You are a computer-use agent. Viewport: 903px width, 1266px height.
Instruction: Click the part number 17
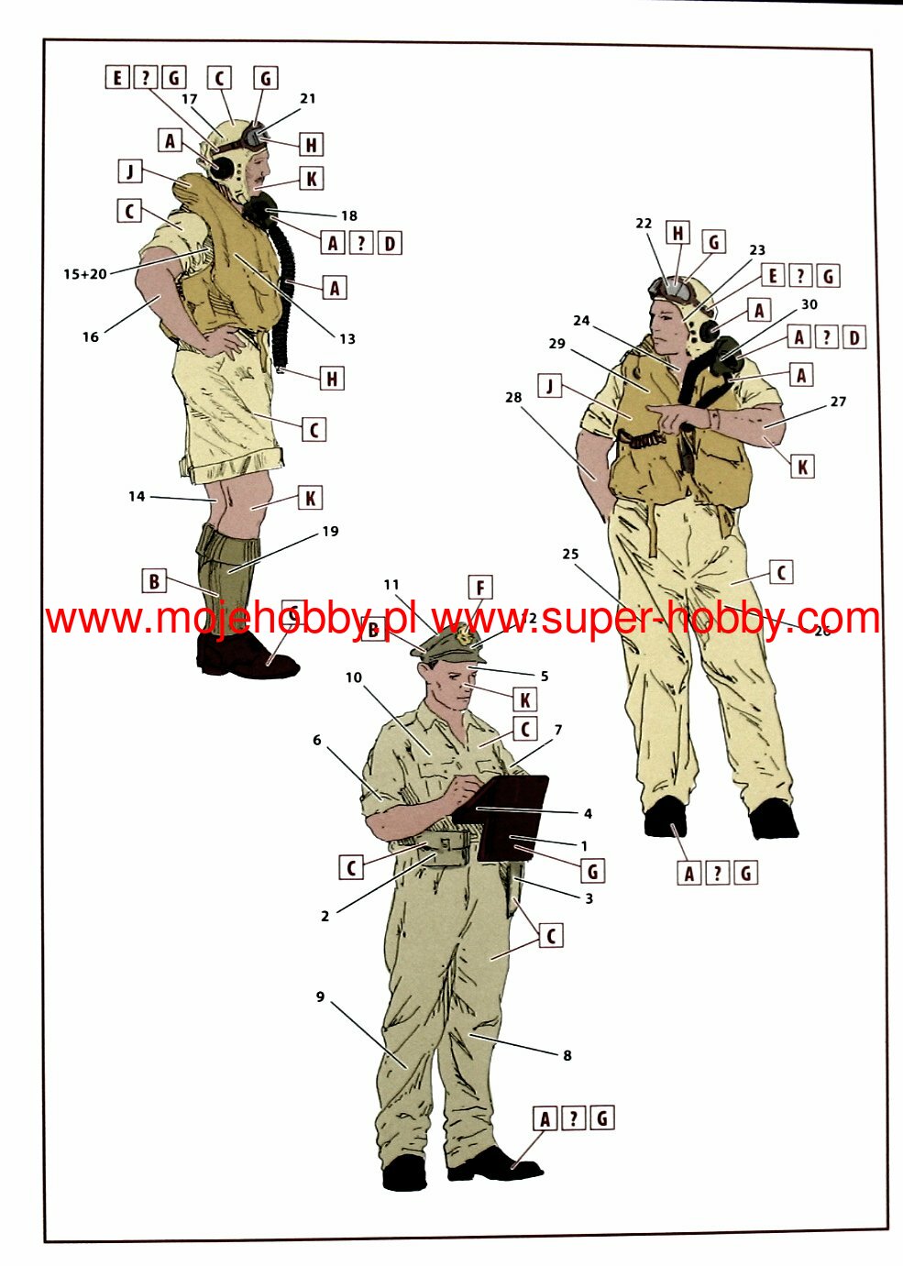point(190,99)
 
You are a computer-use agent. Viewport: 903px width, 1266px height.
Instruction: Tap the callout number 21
point(307,98)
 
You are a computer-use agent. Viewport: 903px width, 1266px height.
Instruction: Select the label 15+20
point(85,273)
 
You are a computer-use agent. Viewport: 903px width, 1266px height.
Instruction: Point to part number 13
point(347,338)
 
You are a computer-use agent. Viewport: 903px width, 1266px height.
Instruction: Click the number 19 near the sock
point(330,531)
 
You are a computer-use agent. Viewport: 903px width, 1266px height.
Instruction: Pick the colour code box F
point(479,588)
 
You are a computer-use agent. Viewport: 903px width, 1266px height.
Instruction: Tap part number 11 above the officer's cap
point(391,584)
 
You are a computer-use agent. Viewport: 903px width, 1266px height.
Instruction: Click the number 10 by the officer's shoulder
point(354,677)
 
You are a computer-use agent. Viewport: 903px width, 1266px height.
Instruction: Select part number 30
point(809,304)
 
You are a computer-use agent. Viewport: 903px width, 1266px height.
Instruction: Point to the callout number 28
point(513,397)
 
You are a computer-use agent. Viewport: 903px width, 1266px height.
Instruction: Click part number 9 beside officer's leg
point(320,996)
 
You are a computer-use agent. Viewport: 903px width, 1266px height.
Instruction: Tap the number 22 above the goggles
point(644,223)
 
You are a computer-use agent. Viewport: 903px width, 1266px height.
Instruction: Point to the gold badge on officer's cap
point(466,635)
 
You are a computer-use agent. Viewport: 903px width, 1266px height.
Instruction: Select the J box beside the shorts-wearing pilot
point(129,171)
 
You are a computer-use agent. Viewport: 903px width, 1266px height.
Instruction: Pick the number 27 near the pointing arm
point(838,402)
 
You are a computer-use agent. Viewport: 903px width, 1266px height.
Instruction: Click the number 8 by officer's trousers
point(567,1055)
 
